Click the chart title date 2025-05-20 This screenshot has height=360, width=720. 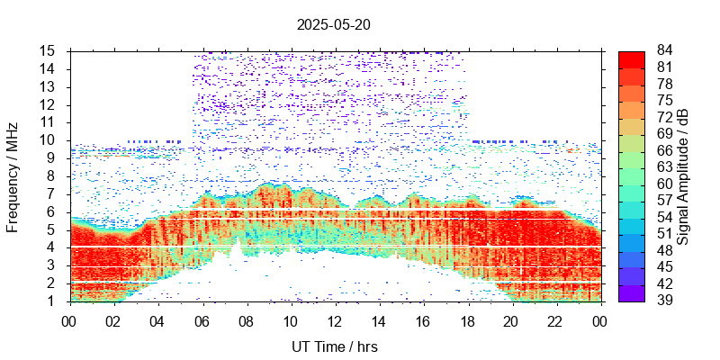pyautogui.click(x=334, y=25)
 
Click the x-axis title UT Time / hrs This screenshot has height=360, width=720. pyautogui.click(x=335, y=346)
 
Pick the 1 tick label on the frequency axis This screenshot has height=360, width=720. pyautogui.click(x=53, y=301)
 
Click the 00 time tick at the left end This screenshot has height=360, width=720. pyautogui.click(x=69, y=319)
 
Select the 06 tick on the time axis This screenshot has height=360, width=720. pyautogui.click(x=202, y=319)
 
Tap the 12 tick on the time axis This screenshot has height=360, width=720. pyautogui.click(x=335, y=319)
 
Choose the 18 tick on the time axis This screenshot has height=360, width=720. pyautogui.click(x=467, y=319)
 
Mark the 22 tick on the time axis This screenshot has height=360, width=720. pyautogui.click(x=555, y=319)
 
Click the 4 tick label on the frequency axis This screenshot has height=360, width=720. pyautogui.click(x=53, y=247)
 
